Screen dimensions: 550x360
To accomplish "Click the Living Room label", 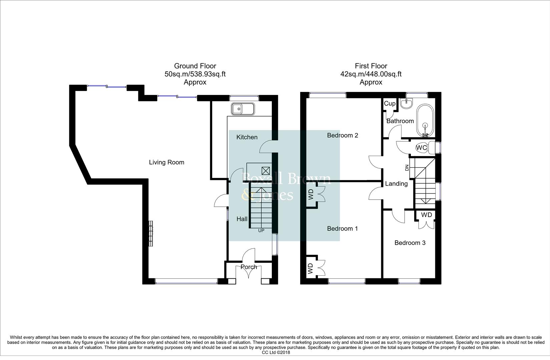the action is point(166,162).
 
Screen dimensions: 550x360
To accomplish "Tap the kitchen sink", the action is point(242,109).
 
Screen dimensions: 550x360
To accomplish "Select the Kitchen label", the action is point(247,137).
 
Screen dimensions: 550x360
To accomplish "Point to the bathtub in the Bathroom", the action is point(425,121).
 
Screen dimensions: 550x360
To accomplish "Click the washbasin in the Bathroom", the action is point(407,103).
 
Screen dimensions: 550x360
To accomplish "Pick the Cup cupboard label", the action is point(390,103).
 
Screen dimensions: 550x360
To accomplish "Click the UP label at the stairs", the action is point(261,231).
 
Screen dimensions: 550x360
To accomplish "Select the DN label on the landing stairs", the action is point(407,168).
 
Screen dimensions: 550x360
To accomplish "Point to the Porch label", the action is point(249,267).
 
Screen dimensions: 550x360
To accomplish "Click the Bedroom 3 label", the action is point(410,243).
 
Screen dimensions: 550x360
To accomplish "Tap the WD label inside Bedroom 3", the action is point(427,215).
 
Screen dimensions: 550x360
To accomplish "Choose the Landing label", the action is point(396,184).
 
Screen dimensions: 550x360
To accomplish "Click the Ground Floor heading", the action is point(195,66).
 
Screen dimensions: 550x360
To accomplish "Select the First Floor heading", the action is point(371,66).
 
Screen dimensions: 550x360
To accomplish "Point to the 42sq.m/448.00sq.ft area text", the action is point(371,74).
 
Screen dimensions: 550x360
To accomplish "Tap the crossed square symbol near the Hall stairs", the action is point(266,171).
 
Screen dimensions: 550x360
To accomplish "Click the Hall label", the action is point(242,219).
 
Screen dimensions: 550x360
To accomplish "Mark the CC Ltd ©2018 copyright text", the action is point(276,352).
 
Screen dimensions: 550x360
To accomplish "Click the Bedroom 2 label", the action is point(343,135).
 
